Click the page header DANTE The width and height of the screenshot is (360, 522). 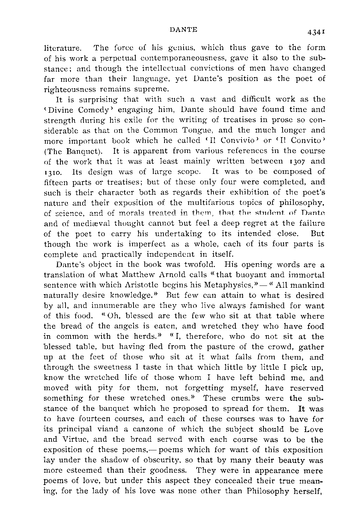pyautogui.click(x=183, y=30)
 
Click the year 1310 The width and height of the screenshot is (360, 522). pyautogui.click(x=51, y=172)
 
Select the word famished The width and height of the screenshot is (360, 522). pyautogui.click(x=256, y=306)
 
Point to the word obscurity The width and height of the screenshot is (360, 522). pyautogui.click(x=174, y=460)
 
